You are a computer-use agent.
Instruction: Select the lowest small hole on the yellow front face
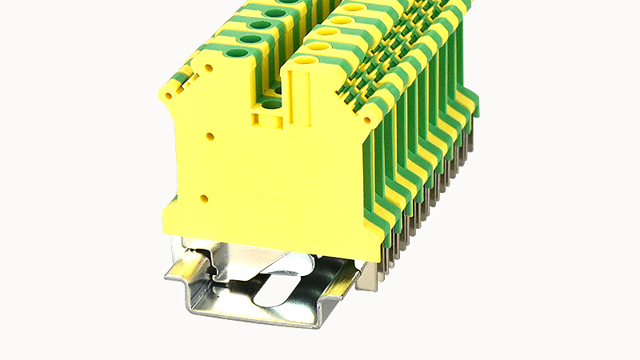pyautogui.click(x=205, y=197)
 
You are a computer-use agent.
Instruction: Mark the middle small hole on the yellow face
pyautogui.click(x=210, y=137)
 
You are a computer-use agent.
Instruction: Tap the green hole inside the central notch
pyautogui.click(x=272, y=102)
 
